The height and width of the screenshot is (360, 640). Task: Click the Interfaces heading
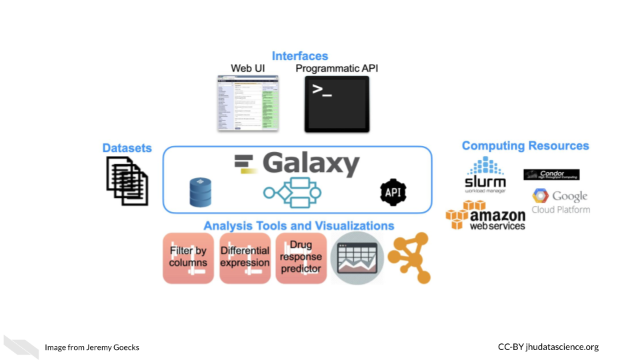click(x=300, y=56)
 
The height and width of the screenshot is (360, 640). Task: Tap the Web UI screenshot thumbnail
click(x=247, y=103)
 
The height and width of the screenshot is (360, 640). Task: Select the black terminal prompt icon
click(x=337, y=103)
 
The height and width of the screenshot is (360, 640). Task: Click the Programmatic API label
click(x=337, y=69)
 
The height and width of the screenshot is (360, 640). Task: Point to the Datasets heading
click(x=127, y=148)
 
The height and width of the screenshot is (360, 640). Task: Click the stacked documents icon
click(x=127, y=178)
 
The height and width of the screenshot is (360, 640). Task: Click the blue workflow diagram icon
click(x=292, y=193)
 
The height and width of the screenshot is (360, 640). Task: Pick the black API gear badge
click(x=393, y=192)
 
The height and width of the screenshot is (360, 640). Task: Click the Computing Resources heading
click(x=525, y=146)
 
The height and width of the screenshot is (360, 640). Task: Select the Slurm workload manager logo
click(x=485, y=175)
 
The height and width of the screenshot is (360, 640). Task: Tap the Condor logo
click(x=551, y=175)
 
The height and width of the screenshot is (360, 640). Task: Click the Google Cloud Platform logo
click(x=561, y=201)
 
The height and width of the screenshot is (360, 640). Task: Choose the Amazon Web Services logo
click(x=486, y=215)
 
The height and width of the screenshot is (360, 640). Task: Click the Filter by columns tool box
click(x=189, y=257)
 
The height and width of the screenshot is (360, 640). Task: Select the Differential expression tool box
click(x=245, y=257)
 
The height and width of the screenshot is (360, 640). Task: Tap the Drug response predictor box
click(x=301, y=257)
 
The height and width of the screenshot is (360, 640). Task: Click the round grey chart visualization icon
click(x=357, y=258)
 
